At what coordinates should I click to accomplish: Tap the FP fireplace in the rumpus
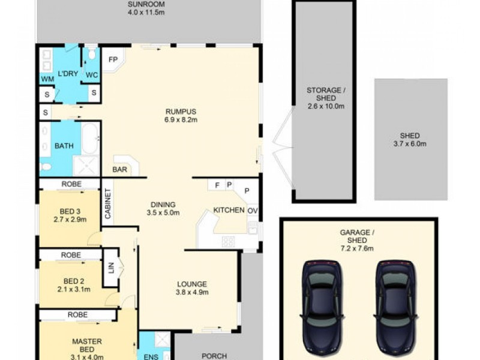[113, 60]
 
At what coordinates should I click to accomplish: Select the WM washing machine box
[47, 79]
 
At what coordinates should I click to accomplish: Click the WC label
[91, 75]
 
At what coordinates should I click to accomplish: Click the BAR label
[120, 170]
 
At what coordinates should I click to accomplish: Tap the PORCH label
[214, 356]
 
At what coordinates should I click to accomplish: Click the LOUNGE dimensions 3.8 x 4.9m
[192, 293]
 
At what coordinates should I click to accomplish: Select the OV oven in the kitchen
[253, 211]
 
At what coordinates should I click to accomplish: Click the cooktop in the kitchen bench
[228, 241]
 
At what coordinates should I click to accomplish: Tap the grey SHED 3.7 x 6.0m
[411, 139]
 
